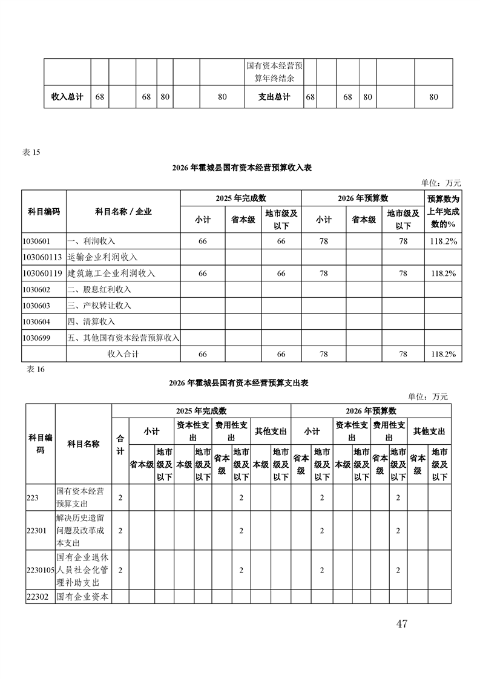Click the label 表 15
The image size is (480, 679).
pos(31,152)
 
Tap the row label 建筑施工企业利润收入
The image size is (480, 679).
pos(111,274)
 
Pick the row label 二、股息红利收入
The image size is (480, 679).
pos(100,289)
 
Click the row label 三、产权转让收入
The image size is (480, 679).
pos(100,306)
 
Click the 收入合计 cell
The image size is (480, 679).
pos(123,354)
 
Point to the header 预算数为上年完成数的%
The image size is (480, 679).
pos(443,211)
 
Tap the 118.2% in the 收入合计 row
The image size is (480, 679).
pos(443,354)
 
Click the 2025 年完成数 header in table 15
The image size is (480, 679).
pos(241,198)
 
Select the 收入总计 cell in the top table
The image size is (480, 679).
pos(67,97)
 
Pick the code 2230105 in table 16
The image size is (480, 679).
pos(41,570)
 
